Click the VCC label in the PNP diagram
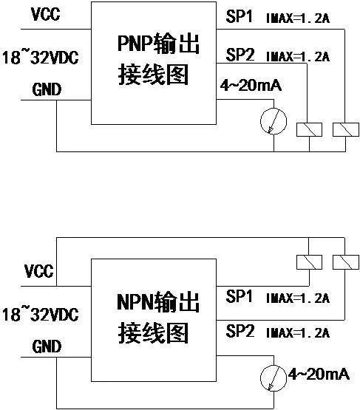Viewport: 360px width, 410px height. (x=46, y=14)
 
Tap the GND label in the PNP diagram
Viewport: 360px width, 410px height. (x=47, y=89)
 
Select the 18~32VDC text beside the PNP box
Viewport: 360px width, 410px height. (x=41, y=58)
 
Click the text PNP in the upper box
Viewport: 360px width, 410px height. (x=135, y=43)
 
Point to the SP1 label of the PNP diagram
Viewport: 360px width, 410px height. (x=239, y=16)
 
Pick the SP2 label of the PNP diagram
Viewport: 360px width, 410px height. (x=240, y=55)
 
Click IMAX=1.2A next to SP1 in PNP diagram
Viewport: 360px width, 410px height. (x=298, y=18)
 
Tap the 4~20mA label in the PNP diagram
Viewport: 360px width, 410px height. (x=251, y=86)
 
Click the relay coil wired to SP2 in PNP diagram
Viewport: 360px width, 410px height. (x=309, y=130)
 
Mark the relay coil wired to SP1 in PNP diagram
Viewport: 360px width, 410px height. (x=346, y=130)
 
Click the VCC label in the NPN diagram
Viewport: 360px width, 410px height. (x=38, y=271)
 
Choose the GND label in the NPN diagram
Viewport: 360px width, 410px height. (x=47, y=346)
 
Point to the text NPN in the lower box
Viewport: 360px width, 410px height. (x=135, y=302)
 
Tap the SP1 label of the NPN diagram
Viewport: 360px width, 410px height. (x=239, y=296)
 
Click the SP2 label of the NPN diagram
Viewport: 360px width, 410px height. (x=240, y=331)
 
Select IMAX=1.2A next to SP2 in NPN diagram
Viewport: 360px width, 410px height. (x=298, y=333)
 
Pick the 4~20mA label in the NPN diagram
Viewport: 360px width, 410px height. (x=319, y=374)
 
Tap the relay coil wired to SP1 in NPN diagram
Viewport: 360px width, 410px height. (x=309, y=262)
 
